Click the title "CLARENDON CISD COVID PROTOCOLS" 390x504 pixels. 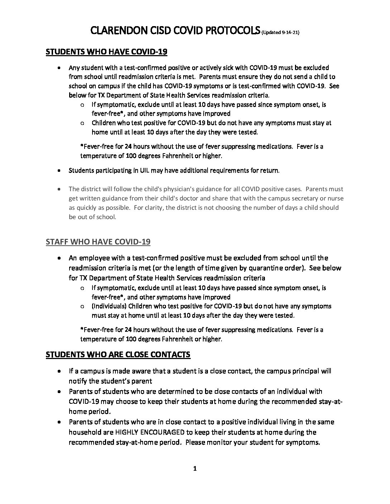175,31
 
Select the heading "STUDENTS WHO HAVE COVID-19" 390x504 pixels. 106,52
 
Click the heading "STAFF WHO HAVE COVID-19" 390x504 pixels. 98,242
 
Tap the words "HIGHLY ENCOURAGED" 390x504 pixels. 150,432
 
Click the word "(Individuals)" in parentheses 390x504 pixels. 109,306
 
